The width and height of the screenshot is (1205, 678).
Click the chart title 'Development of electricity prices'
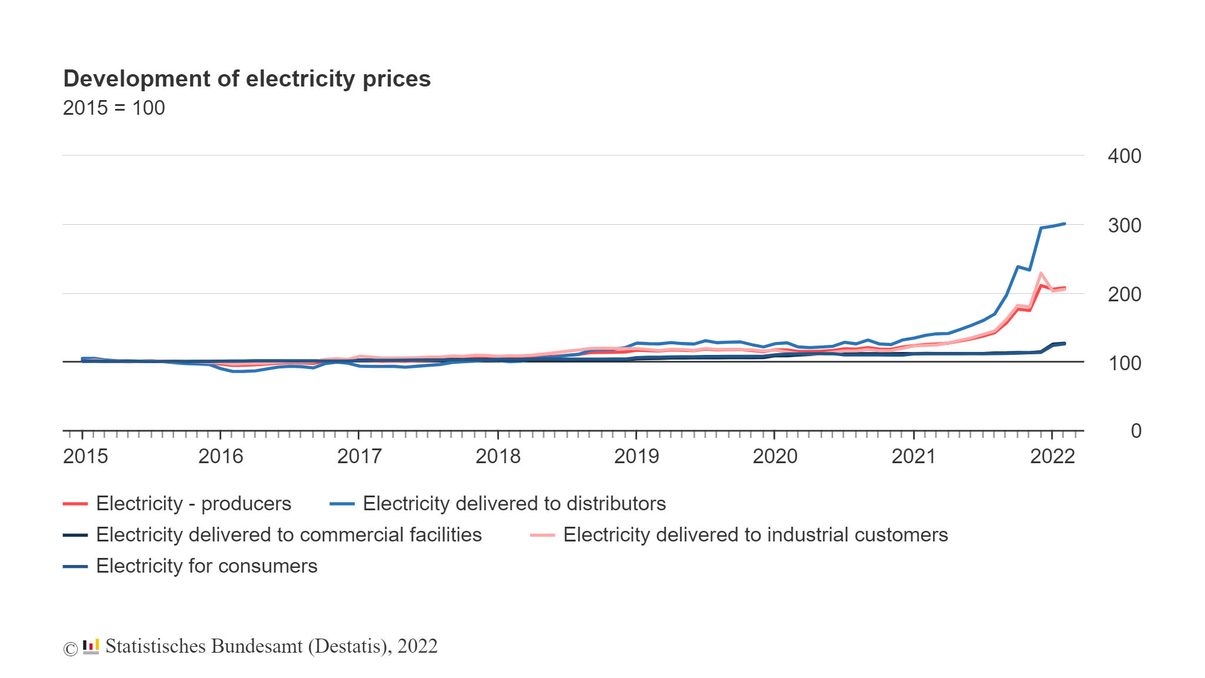(x=247, y=79)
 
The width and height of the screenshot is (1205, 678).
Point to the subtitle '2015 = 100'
(x=114, y=108)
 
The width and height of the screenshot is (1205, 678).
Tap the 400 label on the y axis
(x=1124, y=157)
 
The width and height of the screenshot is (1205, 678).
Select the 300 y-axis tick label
(x=1124, y=225)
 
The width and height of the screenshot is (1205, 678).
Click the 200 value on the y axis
(x=1124, y=294)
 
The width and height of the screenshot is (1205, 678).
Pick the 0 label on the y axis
(x=1136, y=431)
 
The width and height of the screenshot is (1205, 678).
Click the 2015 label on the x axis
(x=85, y=457)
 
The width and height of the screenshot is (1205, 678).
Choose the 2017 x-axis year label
(x=359, y=457)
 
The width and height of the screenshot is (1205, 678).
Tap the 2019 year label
(x=637, y=457)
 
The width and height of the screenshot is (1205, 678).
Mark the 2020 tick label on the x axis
(x=775, y=457)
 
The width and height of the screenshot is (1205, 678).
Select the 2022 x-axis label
(x=1052, y=457)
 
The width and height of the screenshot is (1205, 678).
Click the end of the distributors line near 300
(x=1064, y=224)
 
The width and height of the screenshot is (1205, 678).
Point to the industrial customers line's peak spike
(x=1041, y=273)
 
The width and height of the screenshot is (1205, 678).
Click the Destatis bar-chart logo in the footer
(x=91, y=647)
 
